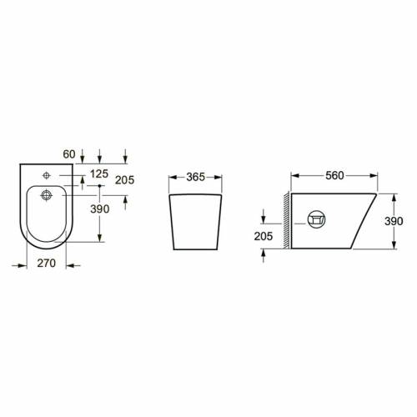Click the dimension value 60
pos(69,154)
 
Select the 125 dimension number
pos(99,173)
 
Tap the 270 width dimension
pos(47,263)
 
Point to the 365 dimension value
pos(196,177)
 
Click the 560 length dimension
pos(334,175)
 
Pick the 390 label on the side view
pos(394,221)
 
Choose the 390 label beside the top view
pos(100,208)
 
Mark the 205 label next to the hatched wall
pos(264,236)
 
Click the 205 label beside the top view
pos(125,180)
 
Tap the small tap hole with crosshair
pos(47,175)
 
